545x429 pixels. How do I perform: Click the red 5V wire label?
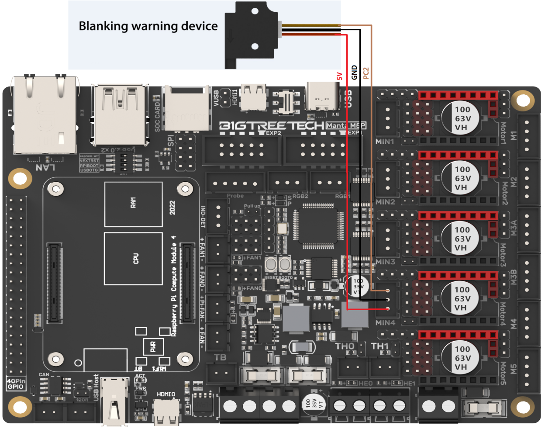[x=339, y=76]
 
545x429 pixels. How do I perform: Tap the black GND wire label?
[x=354, y=73]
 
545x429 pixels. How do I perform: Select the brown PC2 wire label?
[x=366, y=73]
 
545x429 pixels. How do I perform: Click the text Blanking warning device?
[x=148, y=26]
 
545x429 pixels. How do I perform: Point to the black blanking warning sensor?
[x=251, y=34]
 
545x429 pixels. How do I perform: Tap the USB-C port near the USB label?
[x=322, y=97]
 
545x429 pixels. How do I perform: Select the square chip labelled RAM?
[x=133, y=204]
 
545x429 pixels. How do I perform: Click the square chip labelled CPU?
[x=133, y=259]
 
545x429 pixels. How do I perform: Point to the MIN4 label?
[x=385, y=323]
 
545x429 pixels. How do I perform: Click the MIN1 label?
[x=385, y=142]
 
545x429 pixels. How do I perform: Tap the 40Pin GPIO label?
[x=16, y=384]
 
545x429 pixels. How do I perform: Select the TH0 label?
[x=345, y=346]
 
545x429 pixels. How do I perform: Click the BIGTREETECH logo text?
[x=272, y=126]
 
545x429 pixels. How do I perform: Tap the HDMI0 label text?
[x=166, y=394]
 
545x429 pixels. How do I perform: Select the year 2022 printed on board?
[x=172, y=208]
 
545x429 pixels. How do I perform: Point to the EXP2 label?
[x=273, y=133]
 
